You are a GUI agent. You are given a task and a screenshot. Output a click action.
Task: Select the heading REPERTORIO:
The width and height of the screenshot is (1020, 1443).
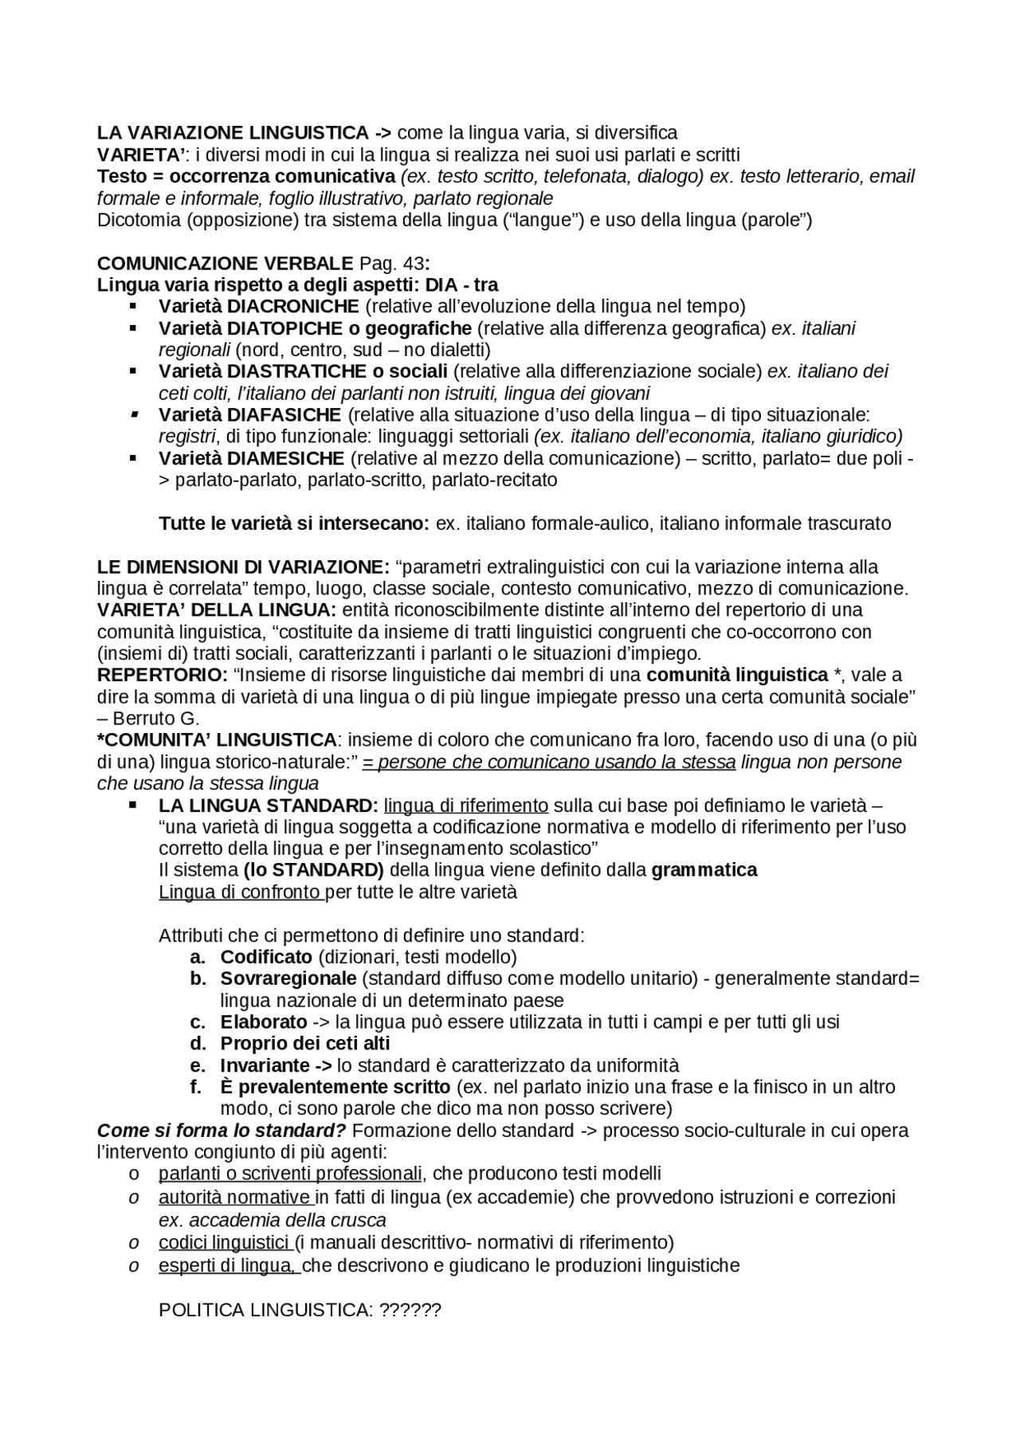coord(163,676)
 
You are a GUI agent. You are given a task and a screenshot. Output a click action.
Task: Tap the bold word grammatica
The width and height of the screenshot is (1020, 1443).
coord(704,870)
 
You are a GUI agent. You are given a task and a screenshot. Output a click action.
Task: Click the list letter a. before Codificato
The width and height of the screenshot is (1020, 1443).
coord(198,957)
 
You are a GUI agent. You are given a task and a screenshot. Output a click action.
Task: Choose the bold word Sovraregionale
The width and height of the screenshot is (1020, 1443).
coord(288,978)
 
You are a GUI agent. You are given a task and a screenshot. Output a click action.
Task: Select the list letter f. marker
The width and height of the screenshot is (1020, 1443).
coord(196,1088)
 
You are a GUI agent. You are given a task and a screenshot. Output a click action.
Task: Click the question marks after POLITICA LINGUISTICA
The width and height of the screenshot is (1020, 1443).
coord(411,1311)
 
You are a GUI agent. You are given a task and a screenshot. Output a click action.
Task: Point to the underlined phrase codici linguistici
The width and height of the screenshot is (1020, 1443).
coord(224,1242)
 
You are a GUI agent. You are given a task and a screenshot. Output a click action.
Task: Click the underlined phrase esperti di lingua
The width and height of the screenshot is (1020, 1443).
coord(228,1266)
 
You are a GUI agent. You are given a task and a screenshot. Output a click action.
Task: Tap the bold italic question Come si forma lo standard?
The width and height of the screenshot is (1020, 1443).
coord(222,1131)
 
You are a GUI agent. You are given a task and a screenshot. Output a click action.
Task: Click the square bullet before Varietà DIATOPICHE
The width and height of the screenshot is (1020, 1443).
coord(133,328)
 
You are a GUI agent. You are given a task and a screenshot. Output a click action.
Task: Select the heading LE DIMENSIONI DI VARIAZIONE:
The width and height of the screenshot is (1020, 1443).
coord(243,567)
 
